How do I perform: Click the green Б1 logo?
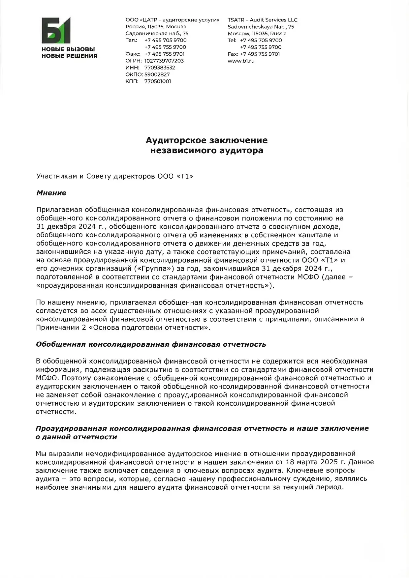coord(56,30)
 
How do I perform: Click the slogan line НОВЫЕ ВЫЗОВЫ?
coord(68,49)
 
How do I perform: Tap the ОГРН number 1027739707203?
coord(164,61)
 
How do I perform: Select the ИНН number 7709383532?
coord(160,68)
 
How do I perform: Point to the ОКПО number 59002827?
coord(157,74)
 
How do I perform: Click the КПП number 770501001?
coord(158,81)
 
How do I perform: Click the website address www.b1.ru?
coord(241,61)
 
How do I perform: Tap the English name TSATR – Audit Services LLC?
coord(262,20)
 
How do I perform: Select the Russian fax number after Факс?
coord(165,54)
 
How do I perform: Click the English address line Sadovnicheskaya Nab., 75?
coord(261,27)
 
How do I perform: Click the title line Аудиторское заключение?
coord(207,140)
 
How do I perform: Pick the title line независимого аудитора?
coord(207,151)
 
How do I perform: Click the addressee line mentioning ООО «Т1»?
coord(114,176)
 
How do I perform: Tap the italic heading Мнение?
coord(51,193)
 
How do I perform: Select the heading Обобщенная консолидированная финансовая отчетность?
coord(151,344)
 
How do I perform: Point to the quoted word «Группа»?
coord(154,269)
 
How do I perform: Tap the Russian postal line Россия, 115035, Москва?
coord(156,27)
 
